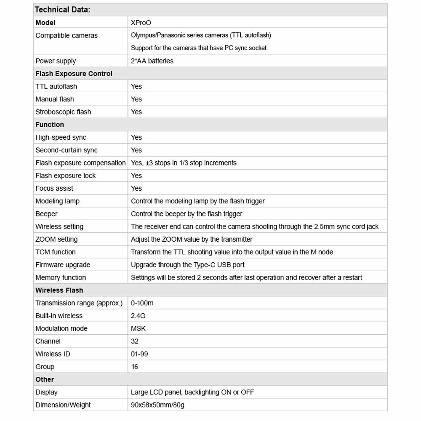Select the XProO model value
point(140,23)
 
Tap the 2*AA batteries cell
point(152,61)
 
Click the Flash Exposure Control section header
point(74,74)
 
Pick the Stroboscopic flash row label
point(63,112)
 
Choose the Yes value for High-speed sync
point(136,137)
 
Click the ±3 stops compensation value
point(184,163)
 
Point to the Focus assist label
point(54,188)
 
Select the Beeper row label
point(46,214)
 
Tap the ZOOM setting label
point(56,239)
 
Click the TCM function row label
point(56,252)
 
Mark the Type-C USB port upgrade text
point(187,265)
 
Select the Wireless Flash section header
point(59,290)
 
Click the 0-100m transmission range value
point(142,303)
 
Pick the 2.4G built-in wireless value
point(138,316)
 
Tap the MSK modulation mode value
point(139,328)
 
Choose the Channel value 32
point(135,341)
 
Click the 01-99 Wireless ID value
point(139,354)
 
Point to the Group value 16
point(135,367)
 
